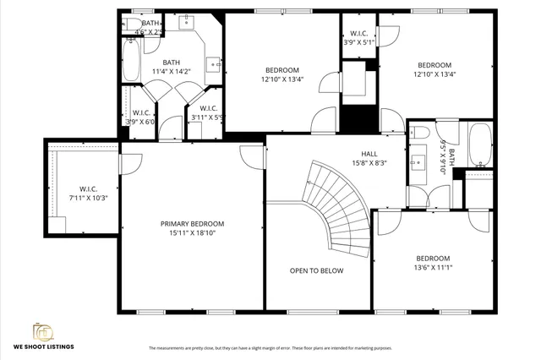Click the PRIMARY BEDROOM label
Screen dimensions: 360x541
[x=198, y=224]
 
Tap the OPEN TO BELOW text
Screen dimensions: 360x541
[x=316, y=270]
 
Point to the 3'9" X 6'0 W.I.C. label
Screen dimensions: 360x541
[x=140, y=117]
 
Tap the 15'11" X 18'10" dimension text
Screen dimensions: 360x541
[x=198, y=232]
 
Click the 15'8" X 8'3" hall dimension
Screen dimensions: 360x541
[x=369, y=163]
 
